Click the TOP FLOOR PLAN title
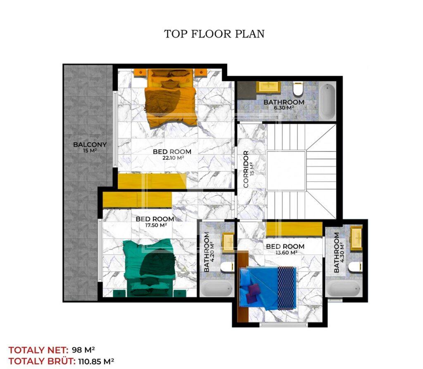pyautogui.click(x=214, y=34)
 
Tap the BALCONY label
pyautogui.click(x=90, y=144)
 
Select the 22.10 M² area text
pyautogui.click(x=173, y=158)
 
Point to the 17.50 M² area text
pyautogui.click(x=156, y=225)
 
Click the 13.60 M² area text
pyautogui.click(x=286, y=253)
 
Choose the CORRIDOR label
pyautogui.click(x=246, y=169)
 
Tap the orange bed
pyautogui.click(x=170, y=98)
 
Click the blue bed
pyautogui.click(x=268, y=288)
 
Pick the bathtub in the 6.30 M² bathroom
pyautogui.click(x=327, y=101)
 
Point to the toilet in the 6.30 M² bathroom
pyautogui.click(x=298, y=89)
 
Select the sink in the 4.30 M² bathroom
pyautogui.click(x=356, y=238)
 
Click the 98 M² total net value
pyautogui.click(x=83, y=350)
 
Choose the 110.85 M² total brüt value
pyautogui.click(x=96, y=361)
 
